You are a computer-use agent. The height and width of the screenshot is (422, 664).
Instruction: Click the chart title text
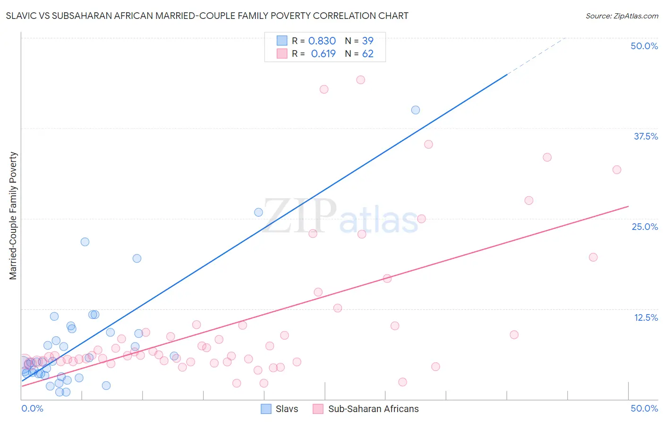click(x=207, y=16)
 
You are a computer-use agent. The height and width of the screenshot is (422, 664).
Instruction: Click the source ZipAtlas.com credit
click(x=621, y=16)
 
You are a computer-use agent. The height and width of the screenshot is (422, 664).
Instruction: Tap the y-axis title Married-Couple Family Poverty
click(x=13, y=216)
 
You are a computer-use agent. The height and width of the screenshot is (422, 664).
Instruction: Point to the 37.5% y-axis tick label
click(x=645, y=136)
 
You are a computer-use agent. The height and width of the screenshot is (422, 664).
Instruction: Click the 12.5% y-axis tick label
click(x=646, y=317)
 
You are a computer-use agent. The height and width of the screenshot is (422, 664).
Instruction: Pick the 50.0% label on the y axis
click(x=644, y=46)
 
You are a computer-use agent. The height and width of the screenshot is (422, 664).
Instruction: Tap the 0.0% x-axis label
click(x=32, y=408)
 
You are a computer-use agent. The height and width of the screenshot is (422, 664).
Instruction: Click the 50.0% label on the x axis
click(x=644, y=408)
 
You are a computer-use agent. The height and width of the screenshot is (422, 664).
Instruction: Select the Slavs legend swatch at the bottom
click(x=266, y=409)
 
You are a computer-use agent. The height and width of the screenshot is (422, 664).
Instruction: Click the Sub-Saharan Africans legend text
click(x=373, y=409)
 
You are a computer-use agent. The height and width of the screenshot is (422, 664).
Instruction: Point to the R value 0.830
click(x=322, y=41)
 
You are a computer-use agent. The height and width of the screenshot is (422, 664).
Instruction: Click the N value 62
click(x=367, y=54)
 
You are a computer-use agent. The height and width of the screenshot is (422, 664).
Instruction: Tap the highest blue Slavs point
click(x=416, y=110)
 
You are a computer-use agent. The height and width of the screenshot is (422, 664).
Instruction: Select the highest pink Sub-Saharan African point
click(x=360, y=80)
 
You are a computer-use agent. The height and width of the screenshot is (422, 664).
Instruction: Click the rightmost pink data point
click(x=617, y=170)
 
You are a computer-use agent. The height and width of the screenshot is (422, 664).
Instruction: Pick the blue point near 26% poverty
click(x=258, y=212)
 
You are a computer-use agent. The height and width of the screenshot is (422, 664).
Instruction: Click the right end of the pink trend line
click(x=628, y=207)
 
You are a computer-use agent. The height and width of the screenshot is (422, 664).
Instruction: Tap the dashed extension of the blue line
click(x=536, y=56)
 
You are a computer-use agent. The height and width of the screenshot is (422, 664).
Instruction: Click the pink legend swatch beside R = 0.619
click(x=282, y=53)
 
